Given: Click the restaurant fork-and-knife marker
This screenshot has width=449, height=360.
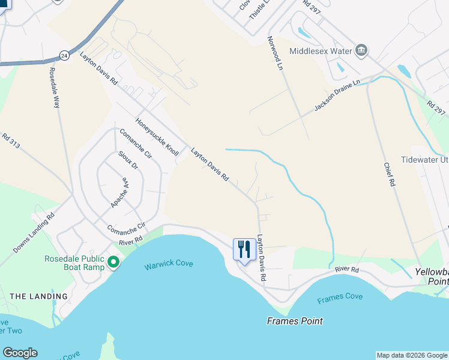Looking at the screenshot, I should pos(244,248).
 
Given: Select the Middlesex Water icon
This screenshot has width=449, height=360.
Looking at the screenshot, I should pos(361,50).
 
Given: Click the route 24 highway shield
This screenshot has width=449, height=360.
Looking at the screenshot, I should pos(64,56).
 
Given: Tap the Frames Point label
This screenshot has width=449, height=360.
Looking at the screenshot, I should pos(295,321).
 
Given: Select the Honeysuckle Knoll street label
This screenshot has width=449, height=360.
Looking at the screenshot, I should pos(157,137).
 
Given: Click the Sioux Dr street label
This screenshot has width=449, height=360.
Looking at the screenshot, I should pos(128,158).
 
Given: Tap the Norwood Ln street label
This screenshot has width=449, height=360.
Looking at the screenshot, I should pos(274,53).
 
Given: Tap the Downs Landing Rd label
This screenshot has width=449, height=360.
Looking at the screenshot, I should pos(34,232).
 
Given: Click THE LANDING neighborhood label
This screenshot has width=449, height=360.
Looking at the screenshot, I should pos(39,296).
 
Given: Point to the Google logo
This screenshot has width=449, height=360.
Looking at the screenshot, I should pos(20,353).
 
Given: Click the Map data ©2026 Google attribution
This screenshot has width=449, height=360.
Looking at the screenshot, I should pos(412,355).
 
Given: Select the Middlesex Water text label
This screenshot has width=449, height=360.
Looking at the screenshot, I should pos(320,51).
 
